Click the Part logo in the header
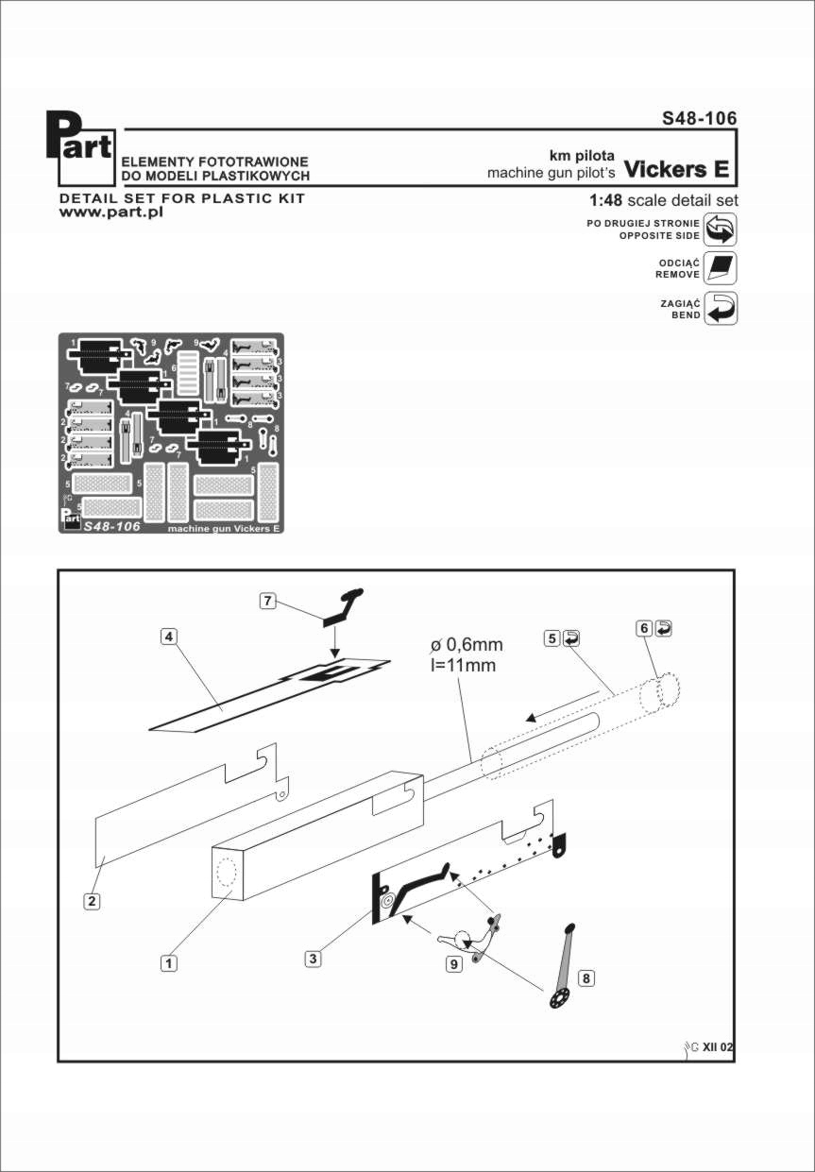[x=80, y=149]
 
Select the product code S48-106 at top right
[x=699, y=119]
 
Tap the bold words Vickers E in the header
[x=677, y=170]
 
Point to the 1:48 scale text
[x=663, y=201]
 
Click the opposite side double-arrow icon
[x=721, y=229]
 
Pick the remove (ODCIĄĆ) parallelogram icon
[x=721, y=269]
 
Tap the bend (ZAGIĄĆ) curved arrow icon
[x=721, y=309]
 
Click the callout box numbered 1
[x=168, y=963]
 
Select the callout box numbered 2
[x=92, y=901]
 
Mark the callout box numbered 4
[x=168, y=637]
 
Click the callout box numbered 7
[x=268, y=601]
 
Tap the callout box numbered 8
[x=586, y=978]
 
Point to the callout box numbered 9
[x=454, y=964]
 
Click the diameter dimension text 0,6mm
[x=467, y=645]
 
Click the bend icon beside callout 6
[x=665, y=628]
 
